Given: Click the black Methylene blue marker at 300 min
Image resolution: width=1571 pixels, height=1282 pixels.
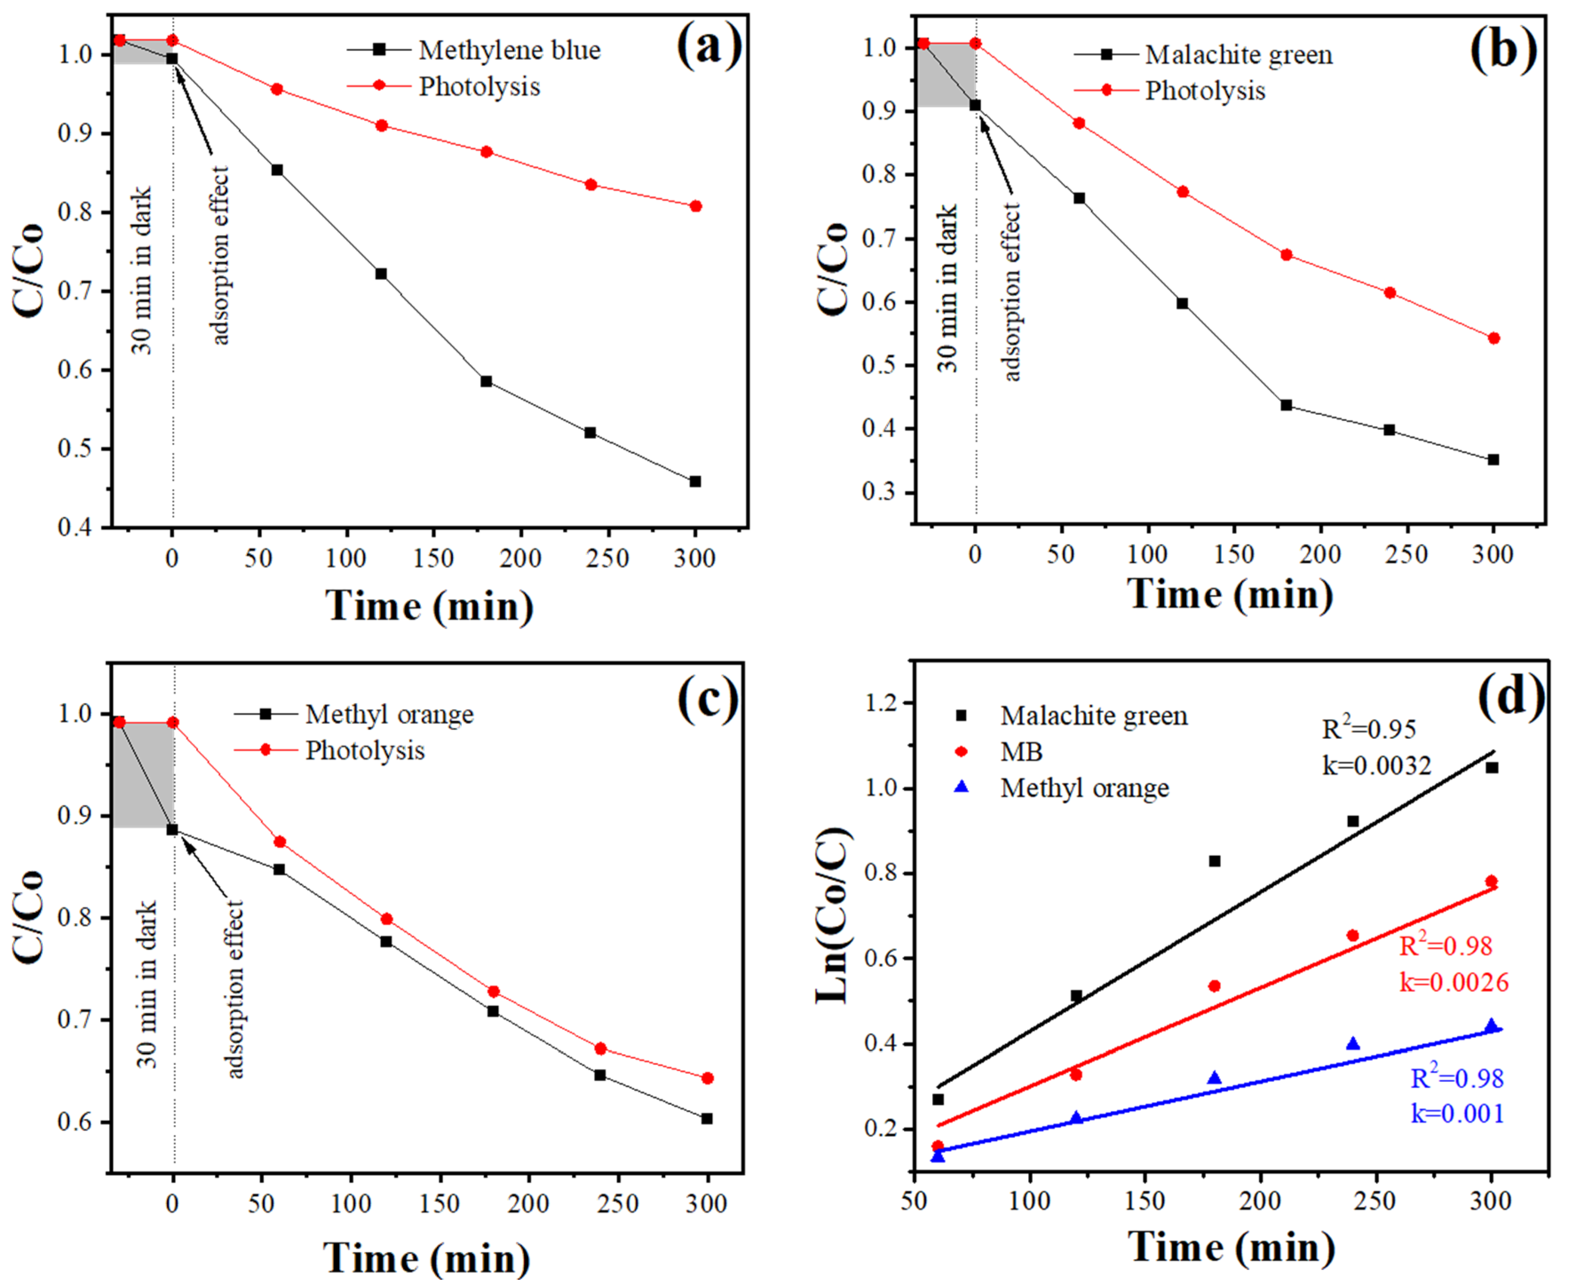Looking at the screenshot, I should (x=695, y=481).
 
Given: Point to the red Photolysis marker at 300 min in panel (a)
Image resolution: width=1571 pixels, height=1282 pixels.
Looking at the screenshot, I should (x=696, y=206).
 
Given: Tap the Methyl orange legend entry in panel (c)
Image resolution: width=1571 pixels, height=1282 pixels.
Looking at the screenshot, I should (x=389, y=715).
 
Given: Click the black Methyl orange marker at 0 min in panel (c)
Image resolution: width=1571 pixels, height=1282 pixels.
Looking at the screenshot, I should (x=173, y=830).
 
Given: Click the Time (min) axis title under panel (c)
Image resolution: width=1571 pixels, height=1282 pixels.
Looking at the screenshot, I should (x=427, y=1258).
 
